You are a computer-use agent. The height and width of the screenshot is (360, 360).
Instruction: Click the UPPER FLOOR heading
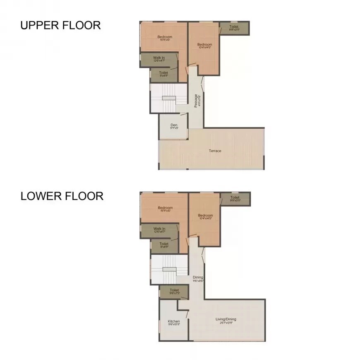coord(60,25)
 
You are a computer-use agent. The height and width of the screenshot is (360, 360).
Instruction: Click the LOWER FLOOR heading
coord(62,196)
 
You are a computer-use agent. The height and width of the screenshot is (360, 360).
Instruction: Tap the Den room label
coord(174,125)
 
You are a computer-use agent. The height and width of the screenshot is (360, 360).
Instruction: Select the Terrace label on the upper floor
coord(215,151)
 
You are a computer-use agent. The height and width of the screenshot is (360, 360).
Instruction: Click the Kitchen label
coord(174,322)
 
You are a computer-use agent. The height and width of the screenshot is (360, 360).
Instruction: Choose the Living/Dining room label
coord(226,319)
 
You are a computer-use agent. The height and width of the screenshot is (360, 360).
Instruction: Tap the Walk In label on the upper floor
coord(159,58)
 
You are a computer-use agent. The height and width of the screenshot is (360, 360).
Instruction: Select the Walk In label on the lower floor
coord(159,229)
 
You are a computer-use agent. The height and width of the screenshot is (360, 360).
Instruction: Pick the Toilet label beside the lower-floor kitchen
coord(174,290)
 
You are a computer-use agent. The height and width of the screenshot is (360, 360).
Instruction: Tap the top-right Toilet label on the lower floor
coord(235,198)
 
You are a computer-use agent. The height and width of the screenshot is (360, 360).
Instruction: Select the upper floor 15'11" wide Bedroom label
coord(165,37)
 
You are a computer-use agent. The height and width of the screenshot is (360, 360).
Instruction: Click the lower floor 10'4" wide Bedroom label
coord(205,216)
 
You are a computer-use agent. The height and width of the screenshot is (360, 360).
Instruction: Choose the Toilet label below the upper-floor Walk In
coord(163,73)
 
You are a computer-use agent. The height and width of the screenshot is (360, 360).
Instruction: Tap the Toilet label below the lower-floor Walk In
coord(164,244)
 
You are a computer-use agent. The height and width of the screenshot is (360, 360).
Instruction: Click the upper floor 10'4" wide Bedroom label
coord(204,45)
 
